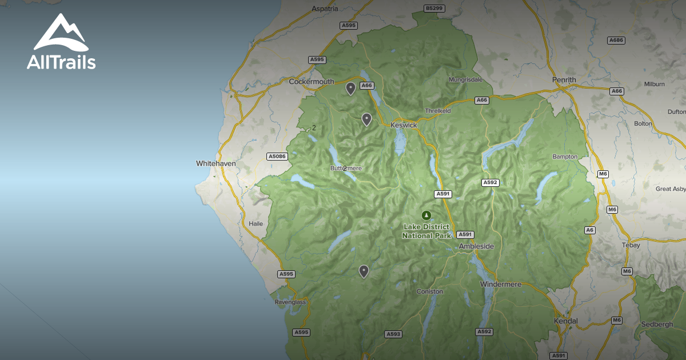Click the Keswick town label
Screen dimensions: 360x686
click(x=404, y=125)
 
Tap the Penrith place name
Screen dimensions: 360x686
click(x=564, y=79)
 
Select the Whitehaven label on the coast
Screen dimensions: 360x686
click(x=216, y=163)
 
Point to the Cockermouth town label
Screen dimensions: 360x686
click(x=311, y=82)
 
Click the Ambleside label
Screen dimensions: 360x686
click(x=476, y=246)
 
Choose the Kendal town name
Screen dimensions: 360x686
click(x=566, y=321)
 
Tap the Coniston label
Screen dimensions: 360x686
click(x=429, y=291)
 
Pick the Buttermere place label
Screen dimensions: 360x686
click(x=346, y=169)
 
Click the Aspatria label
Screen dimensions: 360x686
click(x=325, y=9)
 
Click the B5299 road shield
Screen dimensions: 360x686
click(x=434, y=9)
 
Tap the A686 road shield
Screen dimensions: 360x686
click(x=616, y=41)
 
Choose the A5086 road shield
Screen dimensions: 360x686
click(x=277, y=157)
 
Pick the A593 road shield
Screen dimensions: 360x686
click(x=393, y=334)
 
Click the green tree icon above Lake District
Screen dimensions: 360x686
click(x=426, y=215)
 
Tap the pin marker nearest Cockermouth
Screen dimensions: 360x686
click(x=350, y=88)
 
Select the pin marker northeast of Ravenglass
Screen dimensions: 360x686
click(x=364, y=271)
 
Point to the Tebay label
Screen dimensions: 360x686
click(x=632, y=245)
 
